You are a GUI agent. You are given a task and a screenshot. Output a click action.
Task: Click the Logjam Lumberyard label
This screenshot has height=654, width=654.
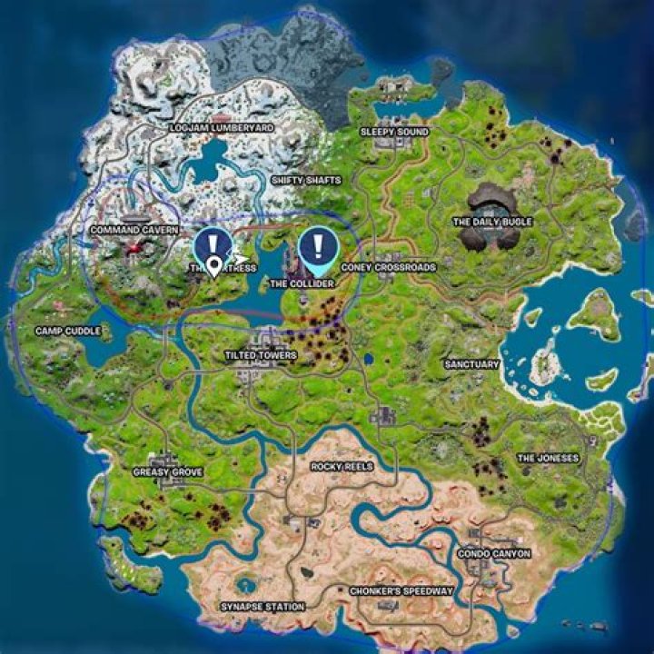pos(222,129)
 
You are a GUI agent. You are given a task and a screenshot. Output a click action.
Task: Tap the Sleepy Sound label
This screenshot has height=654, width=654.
pos(394,132)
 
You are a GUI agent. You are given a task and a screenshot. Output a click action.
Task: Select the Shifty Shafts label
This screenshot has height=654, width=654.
pos(306,181)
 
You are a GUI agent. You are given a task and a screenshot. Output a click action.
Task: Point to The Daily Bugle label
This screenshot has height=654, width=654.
pos(492,222)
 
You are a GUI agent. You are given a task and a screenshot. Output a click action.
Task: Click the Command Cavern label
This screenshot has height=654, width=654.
pos(134,231)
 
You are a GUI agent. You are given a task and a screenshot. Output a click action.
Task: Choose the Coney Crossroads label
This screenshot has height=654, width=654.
pos(388,268)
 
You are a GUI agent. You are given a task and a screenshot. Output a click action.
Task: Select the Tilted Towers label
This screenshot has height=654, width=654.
pos(260,355)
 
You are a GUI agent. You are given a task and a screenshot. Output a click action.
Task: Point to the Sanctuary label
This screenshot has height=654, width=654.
pos(471,364)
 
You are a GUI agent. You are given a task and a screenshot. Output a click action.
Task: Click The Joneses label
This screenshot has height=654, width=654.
pos(548,459)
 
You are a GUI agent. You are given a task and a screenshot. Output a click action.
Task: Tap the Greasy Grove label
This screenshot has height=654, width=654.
pos(167,472)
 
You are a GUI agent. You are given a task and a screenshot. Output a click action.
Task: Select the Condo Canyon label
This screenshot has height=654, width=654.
pos(494,553)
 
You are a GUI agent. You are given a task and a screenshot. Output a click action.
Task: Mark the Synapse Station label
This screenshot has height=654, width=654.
pos(263,606)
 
